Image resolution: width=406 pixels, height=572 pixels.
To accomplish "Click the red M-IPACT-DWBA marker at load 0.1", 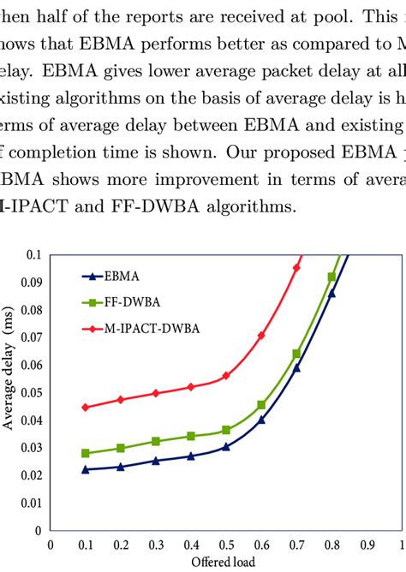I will point(85,408).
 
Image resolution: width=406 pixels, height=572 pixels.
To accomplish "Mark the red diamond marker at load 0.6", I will point(261,335).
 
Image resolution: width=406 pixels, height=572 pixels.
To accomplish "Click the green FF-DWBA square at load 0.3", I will point(155,441).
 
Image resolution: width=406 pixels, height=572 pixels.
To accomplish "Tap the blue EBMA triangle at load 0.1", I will point(85,469).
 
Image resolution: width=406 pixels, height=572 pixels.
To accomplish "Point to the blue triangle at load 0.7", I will point(296,367).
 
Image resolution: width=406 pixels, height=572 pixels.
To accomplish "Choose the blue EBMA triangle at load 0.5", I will point(226,447).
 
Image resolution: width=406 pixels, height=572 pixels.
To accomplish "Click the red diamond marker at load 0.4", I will point(190,387).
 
